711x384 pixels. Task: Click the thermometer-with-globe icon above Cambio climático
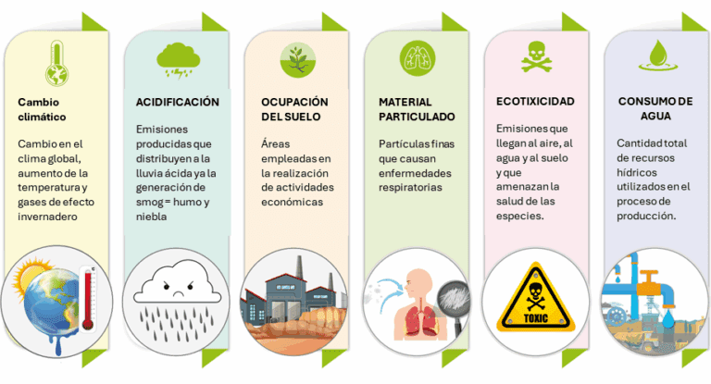tap(56, 63)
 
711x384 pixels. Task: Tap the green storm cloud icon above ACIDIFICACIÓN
tap(178, 60)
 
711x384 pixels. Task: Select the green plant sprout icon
tap(298, 60)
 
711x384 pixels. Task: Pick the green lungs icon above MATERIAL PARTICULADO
tap(418, 58)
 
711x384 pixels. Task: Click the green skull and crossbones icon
tap(537, 57)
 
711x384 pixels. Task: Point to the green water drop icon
tap(658, 56)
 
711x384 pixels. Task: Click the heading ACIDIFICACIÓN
tap(178, 102)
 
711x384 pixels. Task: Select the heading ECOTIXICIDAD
tap(535, 101)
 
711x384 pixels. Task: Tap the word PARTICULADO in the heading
tap(417, 117)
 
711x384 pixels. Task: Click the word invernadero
tap(47, 217)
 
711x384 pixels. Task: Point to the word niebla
tap(152, 217)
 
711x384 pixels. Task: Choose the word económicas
tap(292, 202)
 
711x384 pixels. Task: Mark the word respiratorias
tap(410, 187)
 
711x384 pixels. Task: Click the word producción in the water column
tap(646, 216)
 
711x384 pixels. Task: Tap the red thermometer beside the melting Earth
tap(88, 299)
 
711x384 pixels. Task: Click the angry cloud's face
tap(179, 290)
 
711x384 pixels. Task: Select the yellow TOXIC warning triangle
tap(535, 297)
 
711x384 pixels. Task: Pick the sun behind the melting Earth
tap(28, 273)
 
